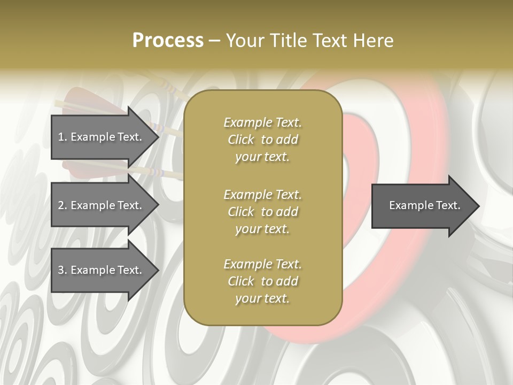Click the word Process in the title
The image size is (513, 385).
pos(168,41)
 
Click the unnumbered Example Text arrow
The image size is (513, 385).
pos(422,206)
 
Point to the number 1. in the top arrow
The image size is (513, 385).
pos(63,137)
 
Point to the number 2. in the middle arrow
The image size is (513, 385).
pos(63,205)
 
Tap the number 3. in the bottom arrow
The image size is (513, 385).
pos(63,271)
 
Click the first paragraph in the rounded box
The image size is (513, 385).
pos(263,140)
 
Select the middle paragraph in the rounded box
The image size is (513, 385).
pos(263,211)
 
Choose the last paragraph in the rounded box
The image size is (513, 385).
pos(263,281)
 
